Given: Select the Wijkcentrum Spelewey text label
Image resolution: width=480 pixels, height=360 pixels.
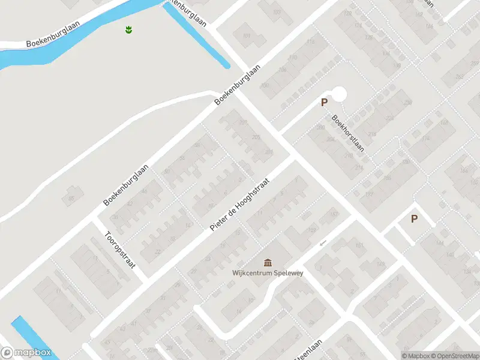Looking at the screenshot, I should [268, 274].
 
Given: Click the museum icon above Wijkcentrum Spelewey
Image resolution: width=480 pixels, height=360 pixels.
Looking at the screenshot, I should [268, 262].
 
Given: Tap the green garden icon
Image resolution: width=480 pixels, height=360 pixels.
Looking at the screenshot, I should [129, 29].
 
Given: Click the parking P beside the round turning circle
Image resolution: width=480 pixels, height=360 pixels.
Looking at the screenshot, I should [324, 103].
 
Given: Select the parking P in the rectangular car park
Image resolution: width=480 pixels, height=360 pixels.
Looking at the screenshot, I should [414, 219].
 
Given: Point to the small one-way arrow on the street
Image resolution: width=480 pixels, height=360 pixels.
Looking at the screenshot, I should [323, 243].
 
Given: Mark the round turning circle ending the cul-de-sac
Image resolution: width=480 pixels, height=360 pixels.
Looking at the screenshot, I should [339, 94].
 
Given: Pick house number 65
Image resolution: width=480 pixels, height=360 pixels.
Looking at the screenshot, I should [72, 198].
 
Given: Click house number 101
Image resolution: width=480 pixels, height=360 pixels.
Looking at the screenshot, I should [246, 36].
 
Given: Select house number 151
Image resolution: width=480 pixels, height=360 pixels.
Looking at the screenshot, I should [359, 246].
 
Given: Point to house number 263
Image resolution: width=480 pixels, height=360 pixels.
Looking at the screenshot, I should [459, 76].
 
